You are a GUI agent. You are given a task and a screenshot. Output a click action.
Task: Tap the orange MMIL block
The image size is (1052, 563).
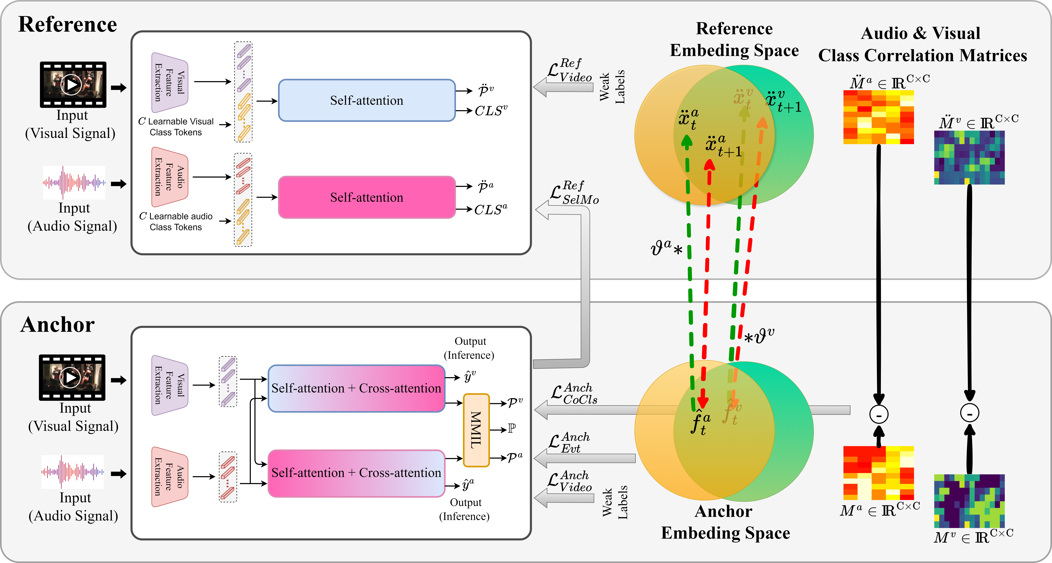(x=476, y=430)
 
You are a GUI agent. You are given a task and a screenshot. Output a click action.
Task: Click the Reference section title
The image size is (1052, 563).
(x=68, y=24)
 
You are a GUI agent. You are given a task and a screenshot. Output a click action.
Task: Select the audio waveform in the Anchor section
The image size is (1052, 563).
(x=73, y=471)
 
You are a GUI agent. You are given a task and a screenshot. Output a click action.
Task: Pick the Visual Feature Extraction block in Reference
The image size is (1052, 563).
(x=169, y=82)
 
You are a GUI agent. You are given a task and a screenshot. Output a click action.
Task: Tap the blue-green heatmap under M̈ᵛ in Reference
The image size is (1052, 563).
(x=969, y=158)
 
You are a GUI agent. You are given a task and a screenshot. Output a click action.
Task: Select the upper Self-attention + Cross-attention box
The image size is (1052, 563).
(x=356, y=388)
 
